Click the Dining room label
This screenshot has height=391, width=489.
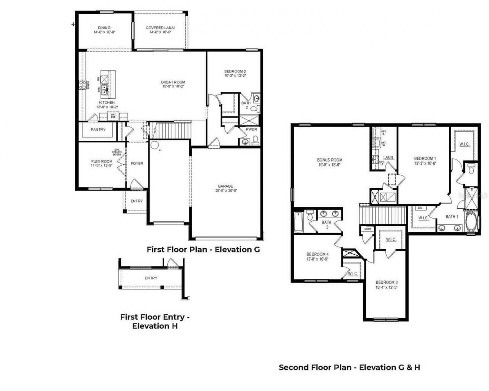click(104, 28)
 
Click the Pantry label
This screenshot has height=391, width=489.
click(98, 130)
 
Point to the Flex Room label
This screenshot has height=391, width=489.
click(102, 161)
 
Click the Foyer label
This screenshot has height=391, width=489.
click(137, 163)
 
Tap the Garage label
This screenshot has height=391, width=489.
click(225, 186)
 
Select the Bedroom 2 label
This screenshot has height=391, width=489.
click(235, 71)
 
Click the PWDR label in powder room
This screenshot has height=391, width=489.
click(251, 130)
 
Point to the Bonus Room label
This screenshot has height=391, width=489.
click(329, 160)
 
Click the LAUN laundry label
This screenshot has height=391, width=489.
click(388, 157)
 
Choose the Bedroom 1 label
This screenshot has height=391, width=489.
click(425, 158)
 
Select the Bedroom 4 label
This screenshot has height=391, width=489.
click(317, 254)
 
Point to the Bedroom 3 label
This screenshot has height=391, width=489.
click(386, 283)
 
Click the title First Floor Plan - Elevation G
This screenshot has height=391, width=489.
click(203, 249)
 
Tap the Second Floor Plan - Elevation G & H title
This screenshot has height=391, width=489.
click(349, 367)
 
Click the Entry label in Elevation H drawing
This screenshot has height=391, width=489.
click(151, 278)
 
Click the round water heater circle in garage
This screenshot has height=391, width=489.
click(154, 145)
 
